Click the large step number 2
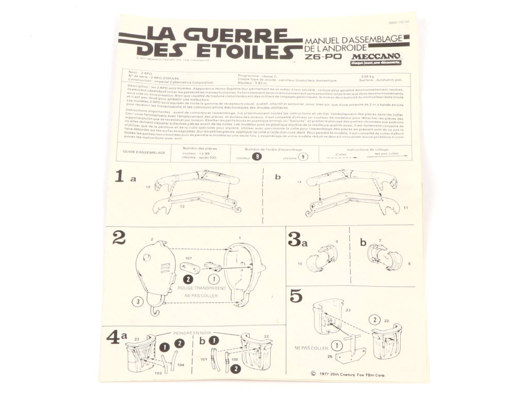coord(119,237)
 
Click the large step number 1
coord(119,177)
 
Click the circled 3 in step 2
coord(137,302)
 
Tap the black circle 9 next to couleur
coord(256,157)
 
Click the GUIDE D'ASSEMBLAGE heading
coord(145,153)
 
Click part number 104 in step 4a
coord(181,365)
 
